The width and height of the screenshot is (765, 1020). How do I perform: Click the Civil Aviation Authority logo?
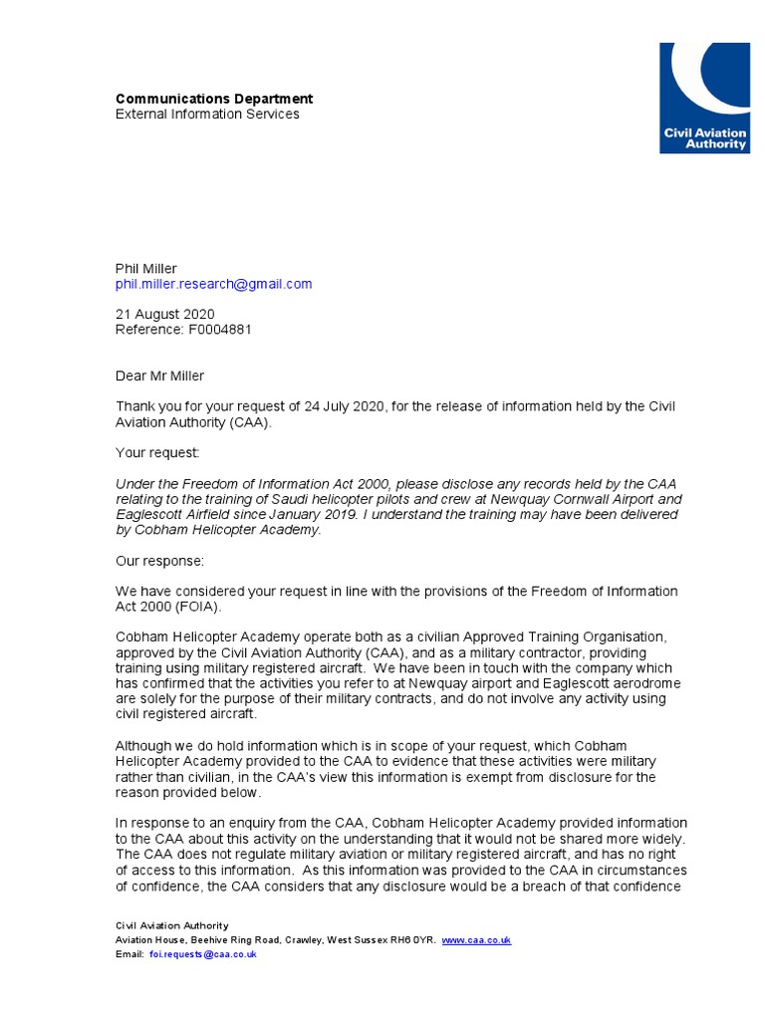pyautogui.click(x=704, y=98)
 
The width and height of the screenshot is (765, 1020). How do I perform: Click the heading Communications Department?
pyautogui.click(x=214, y=99)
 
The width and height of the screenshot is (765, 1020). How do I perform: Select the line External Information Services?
pyautogui.click(x=207, y=114)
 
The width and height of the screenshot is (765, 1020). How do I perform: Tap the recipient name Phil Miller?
pyautogui.click(x=145, y=269)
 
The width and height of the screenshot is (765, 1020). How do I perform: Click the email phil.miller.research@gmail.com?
pyautogui.click(x=213, y=284)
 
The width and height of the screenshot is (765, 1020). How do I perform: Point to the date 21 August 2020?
pyautogui.click(x=164, y=315)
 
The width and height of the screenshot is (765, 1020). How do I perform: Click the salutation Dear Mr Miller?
pyautogui.click(x=159, y=376)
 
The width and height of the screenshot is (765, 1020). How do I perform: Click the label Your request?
pyautogui.click(x=157, y=453)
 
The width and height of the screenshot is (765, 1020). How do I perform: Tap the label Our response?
pyautogui.click(x=159, y=561)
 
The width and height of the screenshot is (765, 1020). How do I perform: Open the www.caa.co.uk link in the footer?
pyautogui.click(x=476, y=940)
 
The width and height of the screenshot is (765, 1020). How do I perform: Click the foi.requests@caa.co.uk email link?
pyautogui.click(x=203, y=954)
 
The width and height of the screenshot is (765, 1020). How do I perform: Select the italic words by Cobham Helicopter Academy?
pyautogui.click(x=218, y=530)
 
